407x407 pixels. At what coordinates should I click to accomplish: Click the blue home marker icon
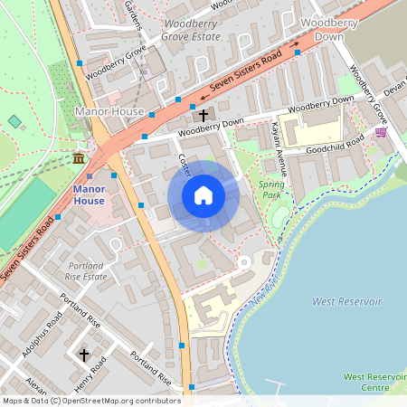203,195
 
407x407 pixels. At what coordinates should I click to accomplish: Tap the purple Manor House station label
90,194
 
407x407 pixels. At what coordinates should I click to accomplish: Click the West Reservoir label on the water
347,300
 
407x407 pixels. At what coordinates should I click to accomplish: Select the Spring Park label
271,189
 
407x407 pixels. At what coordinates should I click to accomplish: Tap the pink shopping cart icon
381,132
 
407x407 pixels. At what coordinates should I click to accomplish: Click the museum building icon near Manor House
79,159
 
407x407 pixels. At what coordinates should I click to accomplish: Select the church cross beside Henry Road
84,355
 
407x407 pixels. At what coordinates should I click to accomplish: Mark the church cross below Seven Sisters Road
203,115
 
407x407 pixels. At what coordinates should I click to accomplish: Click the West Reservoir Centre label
374,382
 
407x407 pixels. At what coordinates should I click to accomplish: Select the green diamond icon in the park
14,121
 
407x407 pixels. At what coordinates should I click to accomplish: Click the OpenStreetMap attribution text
90,401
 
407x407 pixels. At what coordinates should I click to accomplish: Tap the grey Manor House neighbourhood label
104,111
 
